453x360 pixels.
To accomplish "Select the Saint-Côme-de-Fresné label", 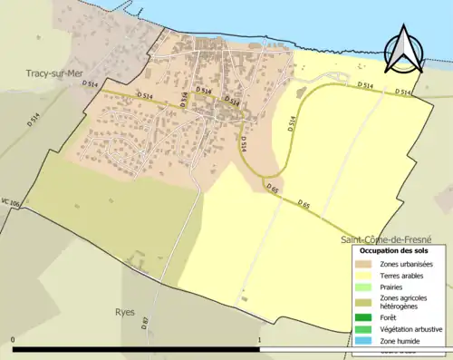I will [x=386, y=239].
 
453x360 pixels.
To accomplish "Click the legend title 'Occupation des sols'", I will [x=394, y=250].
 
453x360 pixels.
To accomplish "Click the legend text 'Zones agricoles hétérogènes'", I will [x=405, y=302].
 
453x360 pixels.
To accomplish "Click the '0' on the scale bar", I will [x=13, y=340].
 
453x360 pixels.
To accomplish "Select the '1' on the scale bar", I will [x=260, y=340].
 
